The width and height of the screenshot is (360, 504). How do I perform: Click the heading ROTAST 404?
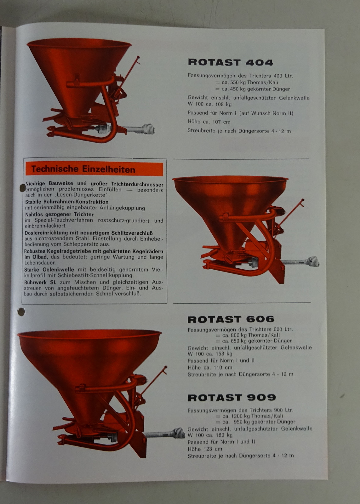point(231,62)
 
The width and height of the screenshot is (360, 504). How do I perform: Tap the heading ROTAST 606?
point(231,319)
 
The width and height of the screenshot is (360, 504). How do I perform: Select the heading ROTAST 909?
point(231,398)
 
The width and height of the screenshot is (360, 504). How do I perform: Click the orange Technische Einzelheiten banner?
point(94,169)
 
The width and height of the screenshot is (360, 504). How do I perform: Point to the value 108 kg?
point(223,104)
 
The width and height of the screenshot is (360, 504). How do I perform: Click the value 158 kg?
point(223,354)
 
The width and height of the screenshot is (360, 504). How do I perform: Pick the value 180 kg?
point(224,435)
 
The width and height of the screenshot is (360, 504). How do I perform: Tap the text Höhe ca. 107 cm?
point(209,122)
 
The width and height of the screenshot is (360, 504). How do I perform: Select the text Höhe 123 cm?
point(205,449)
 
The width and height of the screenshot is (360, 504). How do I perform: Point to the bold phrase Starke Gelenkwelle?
point(49,270)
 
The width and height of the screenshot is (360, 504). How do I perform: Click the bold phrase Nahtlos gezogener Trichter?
point(59,215)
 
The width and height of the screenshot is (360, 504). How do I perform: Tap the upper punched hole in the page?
point(23,188)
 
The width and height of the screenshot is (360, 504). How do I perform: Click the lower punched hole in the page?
point(21,312)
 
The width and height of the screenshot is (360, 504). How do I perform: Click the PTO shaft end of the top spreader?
point(149,129)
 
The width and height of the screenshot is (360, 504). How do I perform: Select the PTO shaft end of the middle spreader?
point(313,261)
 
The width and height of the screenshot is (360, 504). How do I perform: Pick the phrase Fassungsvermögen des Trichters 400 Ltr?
point(240,76)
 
